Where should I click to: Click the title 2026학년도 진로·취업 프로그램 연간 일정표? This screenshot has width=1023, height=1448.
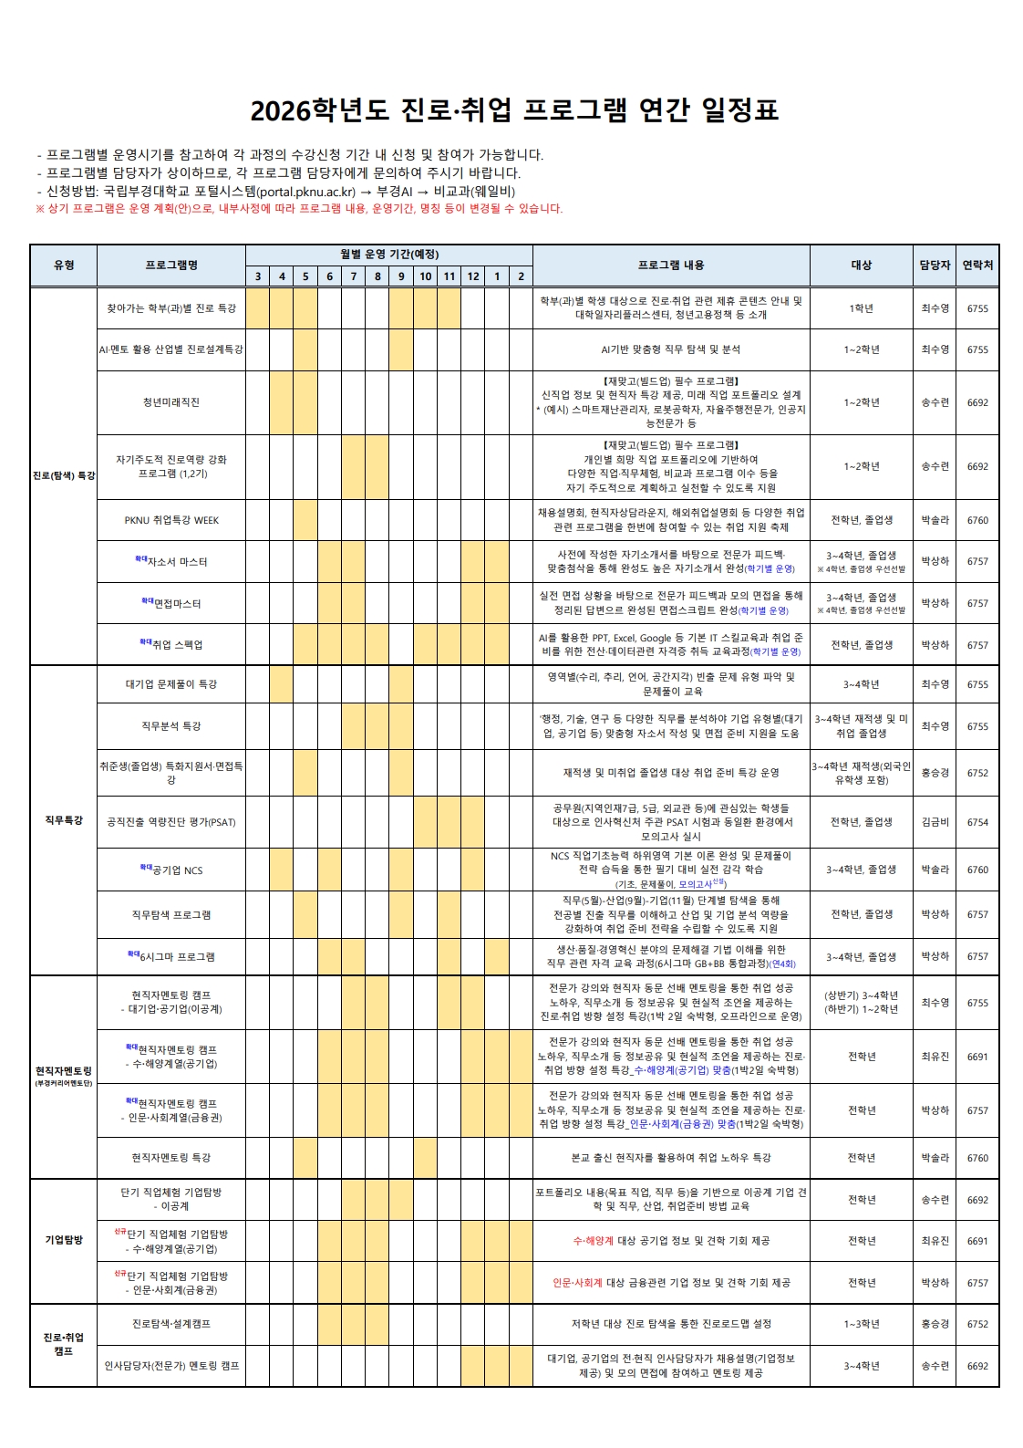point(514,110)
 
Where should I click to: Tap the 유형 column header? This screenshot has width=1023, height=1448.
point(64,266)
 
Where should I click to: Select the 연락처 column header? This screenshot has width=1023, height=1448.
point(977,266)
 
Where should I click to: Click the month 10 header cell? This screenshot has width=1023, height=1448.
point(425,276)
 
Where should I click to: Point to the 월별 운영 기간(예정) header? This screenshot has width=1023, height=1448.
point(389,255)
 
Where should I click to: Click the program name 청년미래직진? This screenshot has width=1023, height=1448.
point(171,402)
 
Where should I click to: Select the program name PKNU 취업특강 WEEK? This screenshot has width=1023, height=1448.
point(171,520)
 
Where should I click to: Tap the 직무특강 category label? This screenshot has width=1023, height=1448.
point(64,820)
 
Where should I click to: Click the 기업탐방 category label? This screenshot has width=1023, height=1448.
point(64,1240)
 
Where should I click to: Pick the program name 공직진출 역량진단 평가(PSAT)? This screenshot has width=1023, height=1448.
point(171,822)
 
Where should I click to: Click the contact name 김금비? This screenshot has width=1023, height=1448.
point(935,822)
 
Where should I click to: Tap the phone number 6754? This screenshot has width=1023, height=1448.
point(977,822)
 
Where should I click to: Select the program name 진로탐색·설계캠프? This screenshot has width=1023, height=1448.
point(171,1324)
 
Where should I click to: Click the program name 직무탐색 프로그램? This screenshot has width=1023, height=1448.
point(171,914)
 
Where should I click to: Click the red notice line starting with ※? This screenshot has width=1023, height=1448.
point(299,209)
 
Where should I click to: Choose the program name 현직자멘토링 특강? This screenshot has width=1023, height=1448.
point(171,1158)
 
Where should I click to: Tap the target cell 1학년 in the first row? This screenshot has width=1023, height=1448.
point(861,308)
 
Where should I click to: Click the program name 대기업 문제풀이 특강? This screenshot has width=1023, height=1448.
point(171,684)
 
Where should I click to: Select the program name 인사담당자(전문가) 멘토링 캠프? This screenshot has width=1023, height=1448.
point(171,1366)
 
